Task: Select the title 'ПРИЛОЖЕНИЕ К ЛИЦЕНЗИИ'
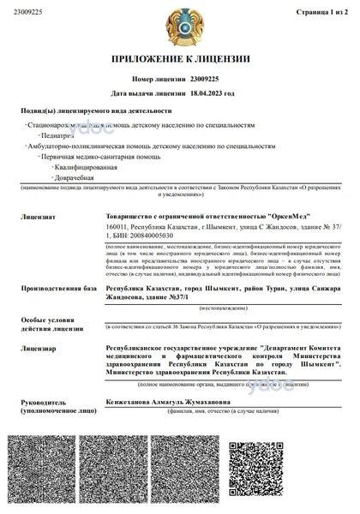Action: [180, 60]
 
